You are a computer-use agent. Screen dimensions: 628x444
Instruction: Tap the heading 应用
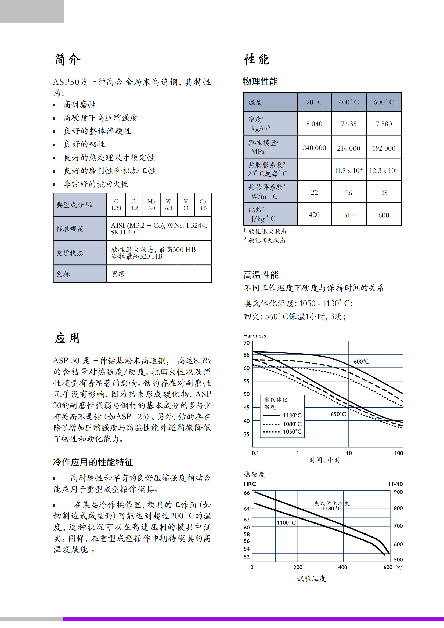67,338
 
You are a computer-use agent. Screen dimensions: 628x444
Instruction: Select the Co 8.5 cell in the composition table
203,205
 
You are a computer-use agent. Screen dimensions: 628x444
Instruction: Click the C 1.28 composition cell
116,205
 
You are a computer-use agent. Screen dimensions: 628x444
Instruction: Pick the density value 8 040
314,124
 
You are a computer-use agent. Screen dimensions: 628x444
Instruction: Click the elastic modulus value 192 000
384,148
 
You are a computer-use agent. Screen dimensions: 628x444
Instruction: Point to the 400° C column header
349,102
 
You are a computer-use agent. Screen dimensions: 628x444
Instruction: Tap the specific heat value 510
349,215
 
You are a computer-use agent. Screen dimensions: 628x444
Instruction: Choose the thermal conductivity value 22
314,193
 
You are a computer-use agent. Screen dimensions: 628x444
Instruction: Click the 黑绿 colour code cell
118,274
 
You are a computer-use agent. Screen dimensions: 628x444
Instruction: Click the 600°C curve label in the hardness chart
361,362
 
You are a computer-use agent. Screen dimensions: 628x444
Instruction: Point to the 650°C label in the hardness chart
338,414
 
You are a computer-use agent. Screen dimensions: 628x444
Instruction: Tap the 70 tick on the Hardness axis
247,343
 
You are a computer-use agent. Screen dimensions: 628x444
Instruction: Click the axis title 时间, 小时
325,460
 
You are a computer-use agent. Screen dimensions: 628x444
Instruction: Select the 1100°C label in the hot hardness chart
286,522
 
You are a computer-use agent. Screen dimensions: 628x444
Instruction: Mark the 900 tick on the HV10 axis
398,492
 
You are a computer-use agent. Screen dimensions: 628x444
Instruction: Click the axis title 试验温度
312,579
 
